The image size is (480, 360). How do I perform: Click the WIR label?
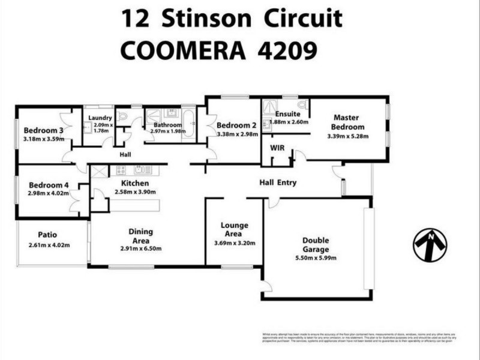[277, 146]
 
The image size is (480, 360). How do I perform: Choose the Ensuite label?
[287, 114]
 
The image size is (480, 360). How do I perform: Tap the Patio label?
[47, 235]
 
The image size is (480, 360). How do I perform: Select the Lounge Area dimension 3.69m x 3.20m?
[235, 243]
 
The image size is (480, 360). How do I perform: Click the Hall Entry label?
[278, 182]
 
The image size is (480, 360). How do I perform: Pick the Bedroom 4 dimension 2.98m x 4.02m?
[49, 193]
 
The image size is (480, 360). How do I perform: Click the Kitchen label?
[135, 183]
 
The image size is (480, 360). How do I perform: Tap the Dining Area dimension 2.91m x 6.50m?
[140, 248]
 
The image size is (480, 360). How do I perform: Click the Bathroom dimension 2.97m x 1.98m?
[167, 131]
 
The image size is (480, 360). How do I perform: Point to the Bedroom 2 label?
[237, 125]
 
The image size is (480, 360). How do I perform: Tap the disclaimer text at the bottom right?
[359, 339]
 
